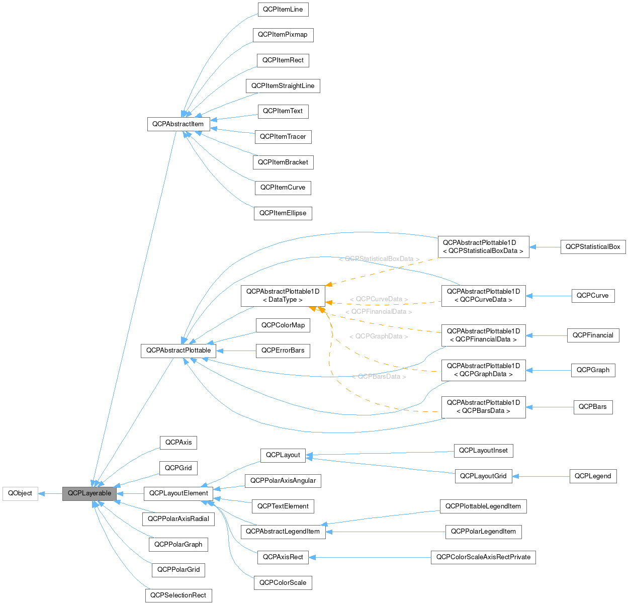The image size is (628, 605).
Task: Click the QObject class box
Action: tap(20, 493)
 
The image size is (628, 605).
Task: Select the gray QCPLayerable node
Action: tap(89, 493)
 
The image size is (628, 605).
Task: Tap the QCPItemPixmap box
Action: tap(283, 35)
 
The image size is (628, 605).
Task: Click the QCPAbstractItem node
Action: tap(178, 124)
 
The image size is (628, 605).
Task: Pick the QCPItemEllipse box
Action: tap(283, 213)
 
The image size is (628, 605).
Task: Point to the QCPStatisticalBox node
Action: tap(593, 247)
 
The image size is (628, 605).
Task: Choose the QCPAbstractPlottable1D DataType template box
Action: tap(283, 296)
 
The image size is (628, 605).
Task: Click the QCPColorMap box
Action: tap(283, 325)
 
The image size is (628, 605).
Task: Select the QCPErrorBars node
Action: tap(283, 351)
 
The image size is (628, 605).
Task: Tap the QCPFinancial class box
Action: tap(593, 335)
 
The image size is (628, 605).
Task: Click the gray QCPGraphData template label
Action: tap(378, 336)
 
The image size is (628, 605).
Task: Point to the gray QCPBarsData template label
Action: tap(379, 377)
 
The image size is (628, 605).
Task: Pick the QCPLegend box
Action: tap(593, 476)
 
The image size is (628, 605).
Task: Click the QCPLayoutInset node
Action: tap(483, 451)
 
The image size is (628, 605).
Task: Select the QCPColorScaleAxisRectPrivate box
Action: tap(483, 557)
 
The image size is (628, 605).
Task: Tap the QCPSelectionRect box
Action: tap(178, 595)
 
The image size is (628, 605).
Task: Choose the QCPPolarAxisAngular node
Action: tap(283, 481)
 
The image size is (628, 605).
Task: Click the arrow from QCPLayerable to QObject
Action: tap(50, 493)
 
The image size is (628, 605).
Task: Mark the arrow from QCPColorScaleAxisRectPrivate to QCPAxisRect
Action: tap(370, 557)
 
